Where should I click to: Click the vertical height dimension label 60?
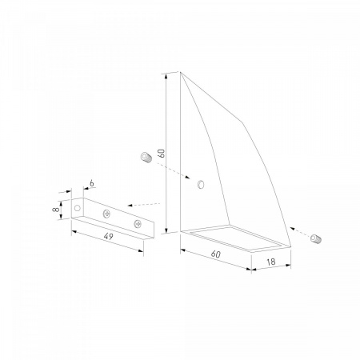click(x=162, y=154)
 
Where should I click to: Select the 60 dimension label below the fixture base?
click(x=216, y=254)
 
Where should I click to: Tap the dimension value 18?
click(x=271, y=262)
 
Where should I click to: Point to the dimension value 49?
click(x=108, y=236)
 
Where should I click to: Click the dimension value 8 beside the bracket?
click(x=56, y=209)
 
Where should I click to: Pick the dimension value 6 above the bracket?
click(x=92, y=183)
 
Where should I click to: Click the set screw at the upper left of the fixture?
click(x=146, y=157)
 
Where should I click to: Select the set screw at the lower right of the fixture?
click(x=316, y=238)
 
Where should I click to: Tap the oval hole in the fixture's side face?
click(x=201, y=184)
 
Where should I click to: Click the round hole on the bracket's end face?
click(x=78, y=208)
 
